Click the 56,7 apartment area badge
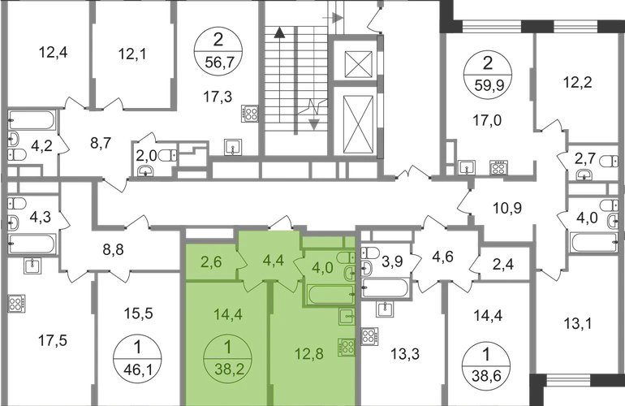[x=218, y=52]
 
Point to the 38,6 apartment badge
[x=486, y=364]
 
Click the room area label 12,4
[x=53, y=52]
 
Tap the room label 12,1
[x=132, y=54]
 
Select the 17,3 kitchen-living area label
[x=218, y=97]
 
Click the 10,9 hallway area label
[x=507, y=208]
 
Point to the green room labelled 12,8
[x=309, y=353]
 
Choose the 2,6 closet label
[x=212, y=262]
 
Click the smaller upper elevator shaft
[x=358, y=63]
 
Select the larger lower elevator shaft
[x=358, y=123]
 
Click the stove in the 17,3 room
[x=250, y=113]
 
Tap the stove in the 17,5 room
[x=16, y=304]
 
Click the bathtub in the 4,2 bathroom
[x=32, y=120]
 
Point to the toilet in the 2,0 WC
[x=168, y=155]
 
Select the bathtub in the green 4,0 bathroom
[x=330, y=294]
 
